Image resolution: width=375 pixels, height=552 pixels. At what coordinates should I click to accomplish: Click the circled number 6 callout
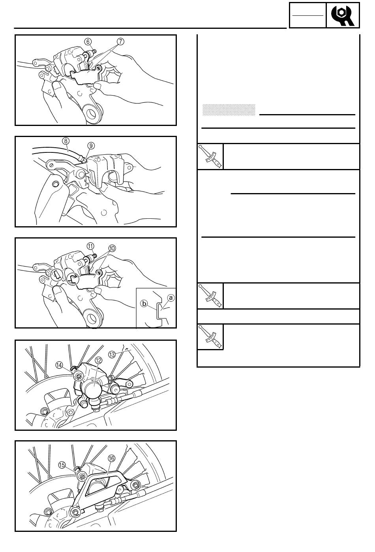coord(88,41)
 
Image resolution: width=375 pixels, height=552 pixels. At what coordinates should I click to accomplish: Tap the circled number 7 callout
coord(120,41)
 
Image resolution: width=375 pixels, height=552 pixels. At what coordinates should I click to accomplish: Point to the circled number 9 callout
coord(91,146)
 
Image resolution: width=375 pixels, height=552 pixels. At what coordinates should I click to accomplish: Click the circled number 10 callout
coord(112,248)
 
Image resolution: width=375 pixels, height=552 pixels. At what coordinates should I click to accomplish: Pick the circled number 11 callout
coord(91,246)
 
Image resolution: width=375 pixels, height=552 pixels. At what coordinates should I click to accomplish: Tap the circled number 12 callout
coord(98,360)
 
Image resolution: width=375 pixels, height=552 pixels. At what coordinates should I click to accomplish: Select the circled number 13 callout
coord(112,354)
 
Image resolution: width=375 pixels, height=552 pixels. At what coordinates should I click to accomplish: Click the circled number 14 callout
coord(59,365)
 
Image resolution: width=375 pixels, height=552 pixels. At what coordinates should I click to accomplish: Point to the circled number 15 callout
coord(62,465)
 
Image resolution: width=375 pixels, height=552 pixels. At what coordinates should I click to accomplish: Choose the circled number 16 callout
coord(111,458)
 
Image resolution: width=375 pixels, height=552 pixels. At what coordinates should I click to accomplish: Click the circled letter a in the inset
coord(171,298)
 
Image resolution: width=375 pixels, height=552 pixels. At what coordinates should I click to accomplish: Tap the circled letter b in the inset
coord(144,303)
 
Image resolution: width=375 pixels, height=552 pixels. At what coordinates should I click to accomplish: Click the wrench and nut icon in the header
coord(343,15)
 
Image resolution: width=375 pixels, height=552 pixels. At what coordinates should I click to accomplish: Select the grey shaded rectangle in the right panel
coord(229,110)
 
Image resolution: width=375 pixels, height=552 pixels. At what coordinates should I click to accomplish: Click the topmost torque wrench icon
coord(210,156)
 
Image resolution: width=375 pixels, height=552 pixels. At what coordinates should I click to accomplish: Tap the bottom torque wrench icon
coord(210,337)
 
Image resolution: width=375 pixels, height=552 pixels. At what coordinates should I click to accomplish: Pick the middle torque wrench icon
coord(210,296)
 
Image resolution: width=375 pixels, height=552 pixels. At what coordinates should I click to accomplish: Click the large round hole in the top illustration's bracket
coord(92,113)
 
